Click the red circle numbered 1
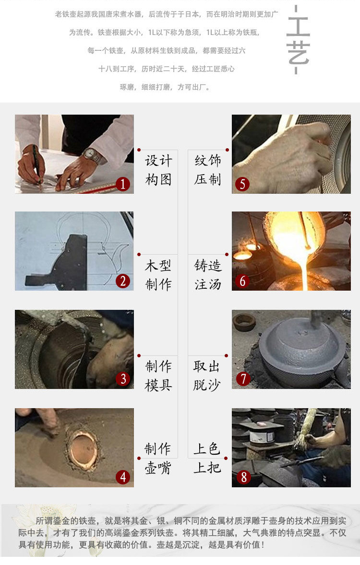pyautogui.click(x=123, y=184)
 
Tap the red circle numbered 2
pyautogui.click(x=123, y=281)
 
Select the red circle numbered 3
pyautogui.click(x=123, y=379)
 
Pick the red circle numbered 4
pyautogui.click(x=123, y=477)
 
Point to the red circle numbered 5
pyautogui.click(x=242, y=184)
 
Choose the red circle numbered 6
pyautogui.click(x=242, y=281)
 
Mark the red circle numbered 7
pyautogui.click(x=243, y=379)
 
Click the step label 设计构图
pyautogui.click(x=158, y=170)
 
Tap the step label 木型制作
pyautogui.click(x=158, y=275)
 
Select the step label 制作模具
pyautogui.click(x=158, y=376)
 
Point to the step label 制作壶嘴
pyautogui.click(x=158, y=458)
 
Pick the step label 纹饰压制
pyautogui.click(x=207, y=170)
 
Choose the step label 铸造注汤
pyautogui.click(x=207, y=275)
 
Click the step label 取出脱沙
pyautogui.click(x=207, y=376)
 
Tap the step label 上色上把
pyautogui.click(x=207, y=458)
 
